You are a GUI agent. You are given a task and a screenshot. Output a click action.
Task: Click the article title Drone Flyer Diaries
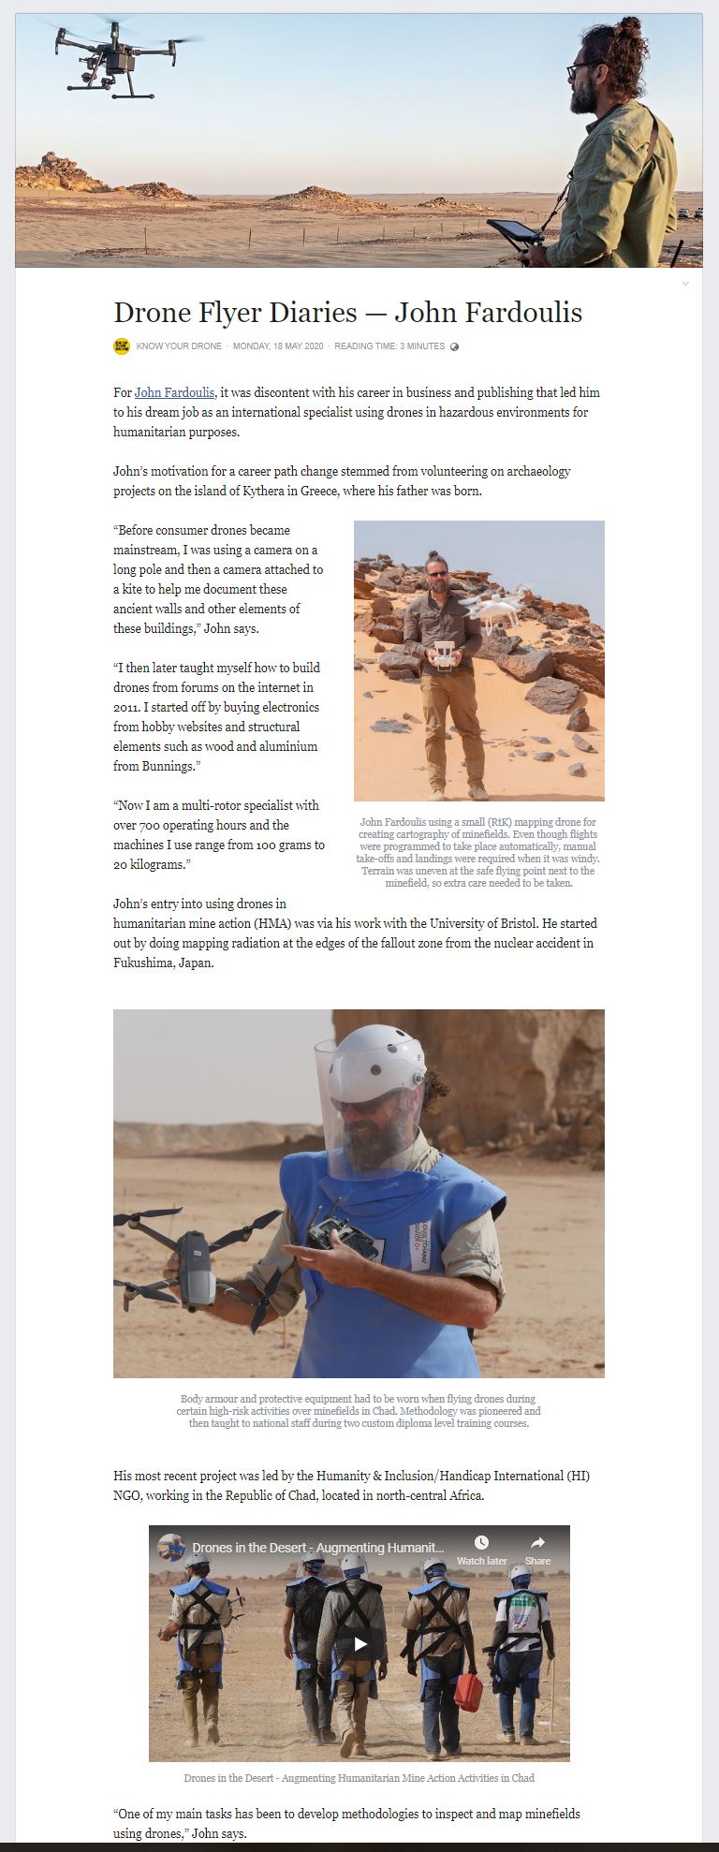click(x=347, y=312)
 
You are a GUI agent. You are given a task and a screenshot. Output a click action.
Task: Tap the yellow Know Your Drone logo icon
click(x=122, y=346)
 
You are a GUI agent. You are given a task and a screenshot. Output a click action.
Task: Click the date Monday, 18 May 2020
click(x=278, y=346)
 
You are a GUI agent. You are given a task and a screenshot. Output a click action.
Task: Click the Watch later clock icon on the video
click(x=481, y=1542)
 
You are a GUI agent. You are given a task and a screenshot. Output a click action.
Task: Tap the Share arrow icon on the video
click(x=537, y=1542)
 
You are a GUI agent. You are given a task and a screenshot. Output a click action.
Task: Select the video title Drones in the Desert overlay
click(x=318, y=1548)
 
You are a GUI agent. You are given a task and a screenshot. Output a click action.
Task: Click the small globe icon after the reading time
click(x=455, y=346)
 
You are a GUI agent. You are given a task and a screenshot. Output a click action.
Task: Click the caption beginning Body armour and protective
click(x=359, y=1411)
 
